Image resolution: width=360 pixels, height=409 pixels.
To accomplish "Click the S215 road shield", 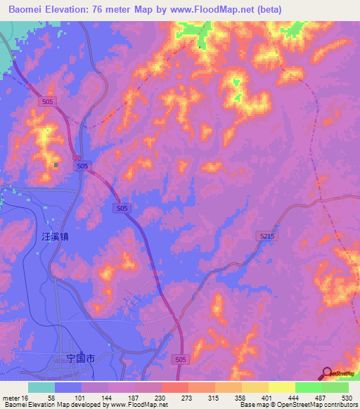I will [267, 238].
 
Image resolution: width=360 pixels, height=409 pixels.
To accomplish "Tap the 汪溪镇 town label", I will [53, 238].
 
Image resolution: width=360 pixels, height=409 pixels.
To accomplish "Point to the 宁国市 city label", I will [80, 358].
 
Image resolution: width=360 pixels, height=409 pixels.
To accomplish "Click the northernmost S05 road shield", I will [47, 102].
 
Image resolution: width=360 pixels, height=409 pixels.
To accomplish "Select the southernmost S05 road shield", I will [181, 359].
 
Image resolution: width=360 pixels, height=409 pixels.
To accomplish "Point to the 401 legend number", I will [268, 398].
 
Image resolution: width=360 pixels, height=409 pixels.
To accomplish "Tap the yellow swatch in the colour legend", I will [281, 387].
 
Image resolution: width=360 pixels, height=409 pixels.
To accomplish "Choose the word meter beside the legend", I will [11, 398].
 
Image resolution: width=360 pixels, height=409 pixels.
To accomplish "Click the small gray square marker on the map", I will [56, 165].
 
